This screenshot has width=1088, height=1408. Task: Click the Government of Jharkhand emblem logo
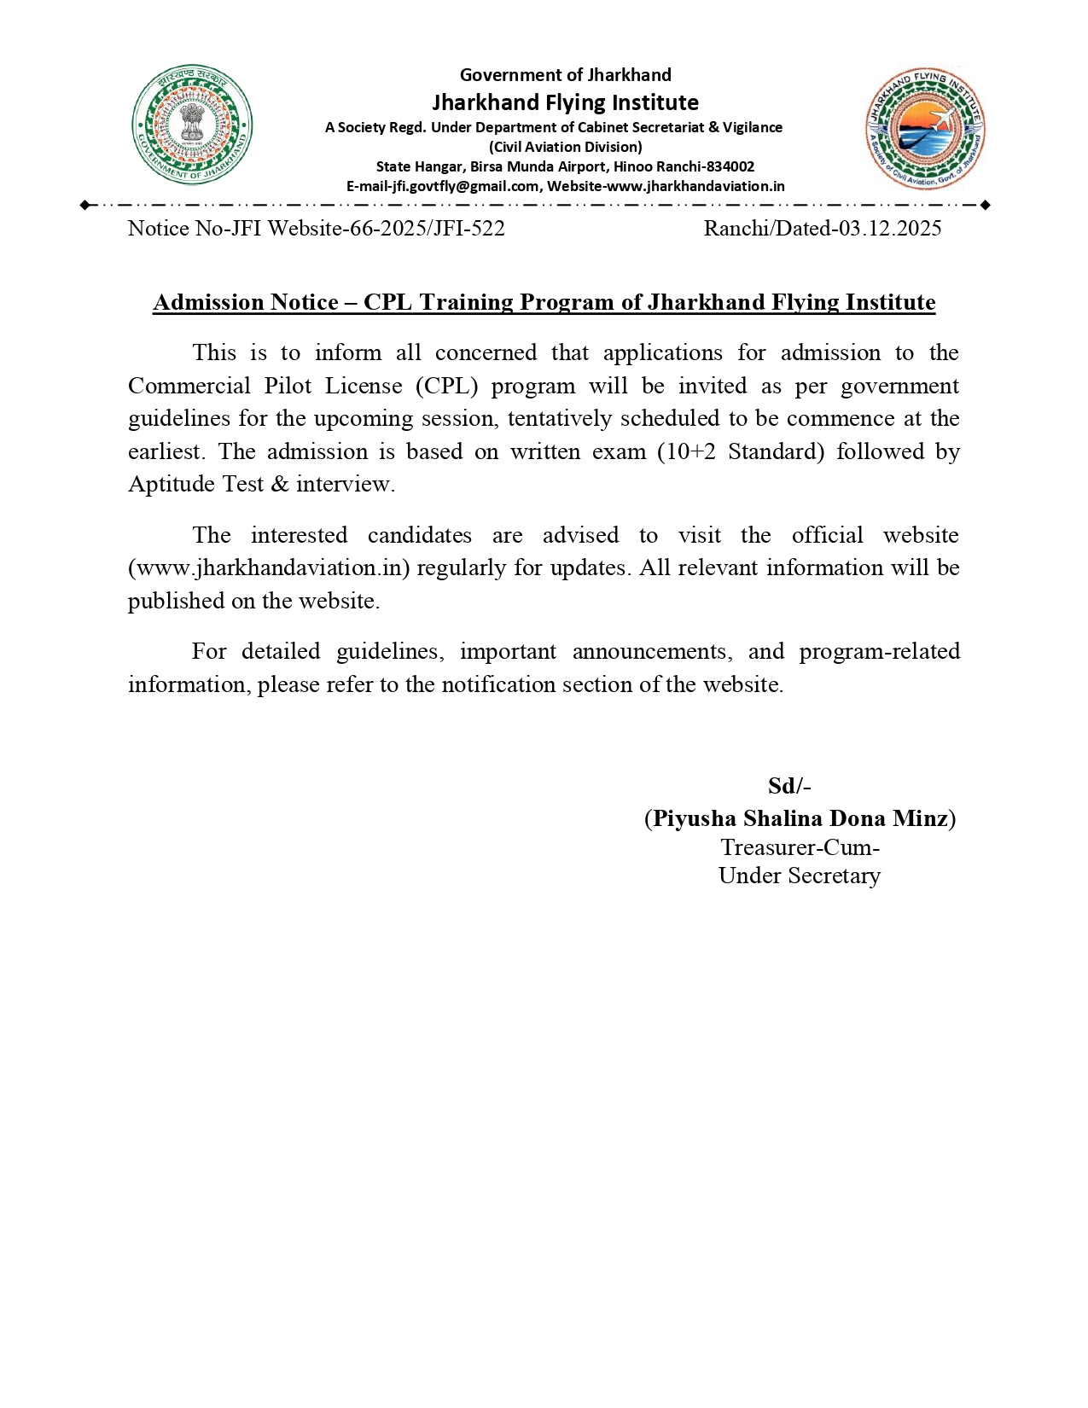click(x=192, y=125)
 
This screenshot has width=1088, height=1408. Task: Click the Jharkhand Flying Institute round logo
click(x=925, y=131)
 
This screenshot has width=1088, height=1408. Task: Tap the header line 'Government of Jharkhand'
click(x=565, y=75)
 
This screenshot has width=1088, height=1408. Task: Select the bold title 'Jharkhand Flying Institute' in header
click(x=565, y=102)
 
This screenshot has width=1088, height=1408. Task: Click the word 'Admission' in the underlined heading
click(x=203, y=303)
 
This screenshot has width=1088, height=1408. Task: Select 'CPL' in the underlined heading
click(x=388, y=303)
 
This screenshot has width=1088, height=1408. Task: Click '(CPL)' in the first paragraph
click(x=447, y=386)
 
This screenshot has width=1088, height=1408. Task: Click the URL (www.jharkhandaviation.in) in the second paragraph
click(x=270, y=568)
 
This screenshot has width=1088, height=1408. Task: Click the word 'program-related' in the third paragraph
click(x=879, y=652)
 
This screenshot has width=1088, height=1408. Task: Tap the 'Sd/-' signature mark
click(x=789, y=786)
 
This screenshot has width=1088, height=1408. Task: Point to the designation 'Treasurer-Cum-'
click(x=800, y=847)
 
